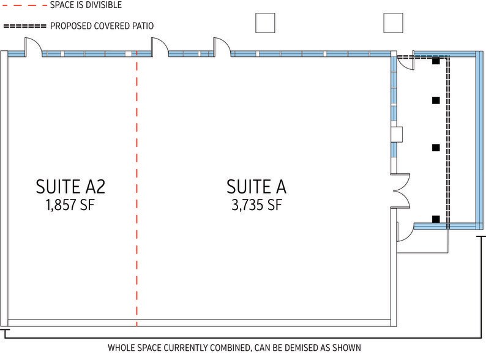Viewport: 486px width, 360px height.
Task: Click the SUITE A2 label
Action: pyautogui.click(x=70, y=187)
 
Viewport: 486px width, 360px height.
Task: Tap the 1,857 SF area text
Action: pyautogui.click(x=70, y=205)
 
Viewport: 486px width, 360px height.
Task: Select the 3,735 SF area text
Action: pyautogui.click(x=256, y=205)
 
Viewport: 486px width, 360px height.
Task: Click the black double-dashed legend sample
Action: pyautogui.click(x=24, y=26)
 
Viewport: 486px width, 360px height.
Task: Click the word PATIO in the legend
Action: pyautogui.click(x=143, y=26)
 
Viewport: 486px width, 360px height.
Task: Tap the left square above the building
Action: pyautogui.click(x=265, y=23)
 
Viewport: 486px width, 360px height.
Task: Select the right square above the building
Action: pyautogui.click(x=394, y=23)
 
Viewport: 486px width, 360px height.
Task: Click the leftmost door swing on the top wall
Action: pyautogui.click(x=33, y=47)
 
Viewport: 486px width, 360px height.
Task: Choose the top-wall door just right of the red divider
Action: pyautogui.click(x=160, y=47)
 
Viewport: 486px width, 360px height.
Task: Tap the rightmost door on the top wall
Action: pyautogui.click(x=222, y=47)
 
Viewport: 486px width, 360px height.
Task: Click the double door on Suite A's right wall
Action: pyautogui.click(x=402, y=190)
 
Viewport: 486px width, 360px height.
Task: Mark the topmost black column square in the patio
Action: pyautogui.click(x=436, y=61)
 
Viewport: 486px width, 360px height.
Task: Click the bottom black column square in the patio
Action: pyautogui.click(x=436, y=219)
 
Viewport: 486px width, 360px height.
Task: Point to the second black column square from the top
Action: pyautogui.click(x=436, y=100)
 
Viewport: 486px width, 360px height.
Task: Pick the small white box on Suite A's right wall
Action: pyautogui.click(x=397, y=134)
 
